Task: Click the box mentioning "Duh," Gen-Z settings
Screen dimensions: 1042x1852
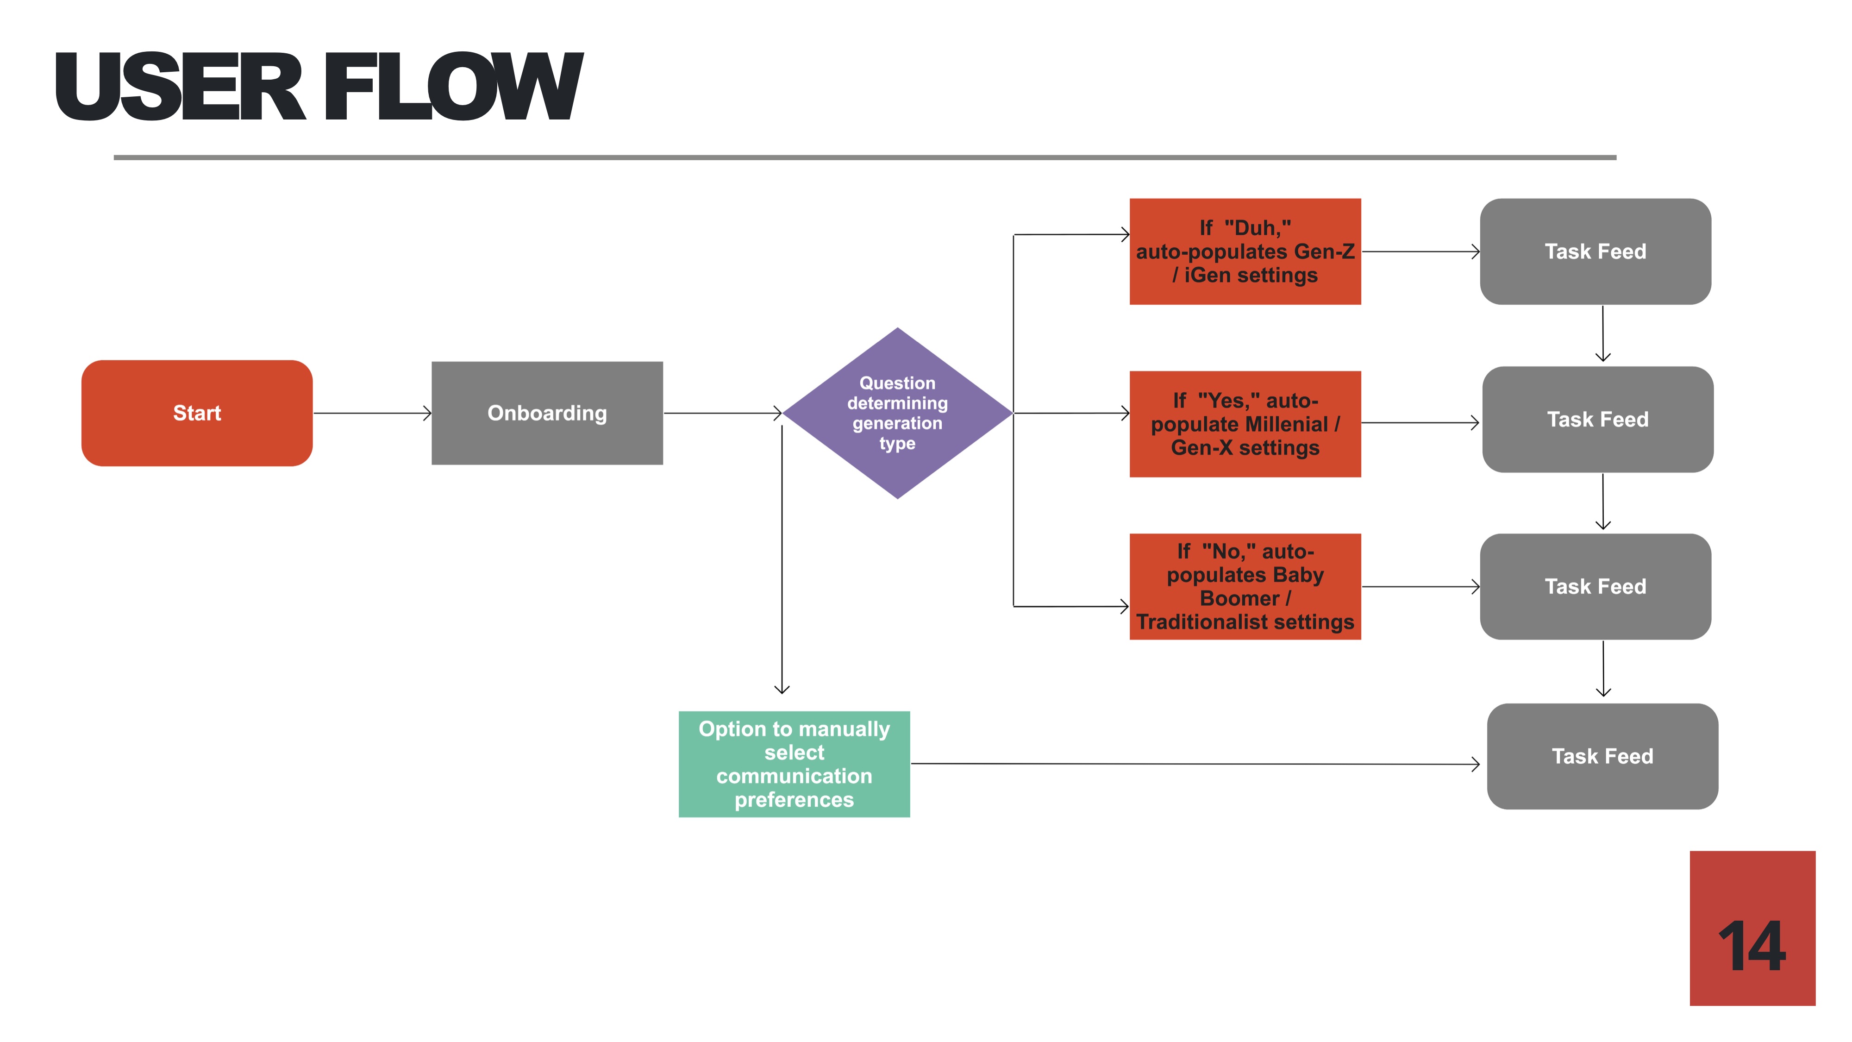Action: (1245, 251)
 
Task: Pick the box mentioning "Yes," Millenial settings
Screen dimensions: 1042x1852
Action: (1245, 424)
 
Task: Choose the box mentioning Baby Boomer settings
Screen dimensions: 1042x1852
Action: (1245, 586)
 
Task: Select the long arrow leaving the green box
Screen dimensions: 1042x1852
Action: (1194, 764)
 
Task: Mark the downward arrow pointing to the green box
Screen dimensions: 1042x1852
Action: (782, 561)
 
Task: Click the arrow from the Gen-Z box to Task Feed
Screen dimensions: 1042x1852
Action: (1420, 251)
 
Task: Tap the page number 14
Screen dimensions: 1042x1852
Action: (1752, 946)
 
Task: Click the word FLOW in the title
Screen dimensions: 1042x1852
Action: (453, 88)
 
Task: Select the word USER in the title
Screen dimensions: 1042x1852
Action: (180, 88)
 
